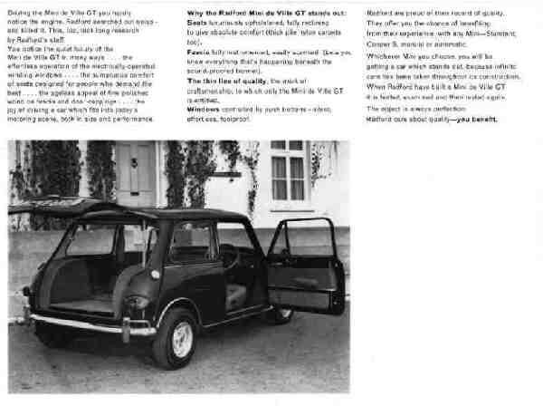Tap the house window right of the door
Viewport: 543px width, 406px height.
288,171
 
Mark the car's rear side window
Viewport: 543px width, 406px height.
92,239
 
